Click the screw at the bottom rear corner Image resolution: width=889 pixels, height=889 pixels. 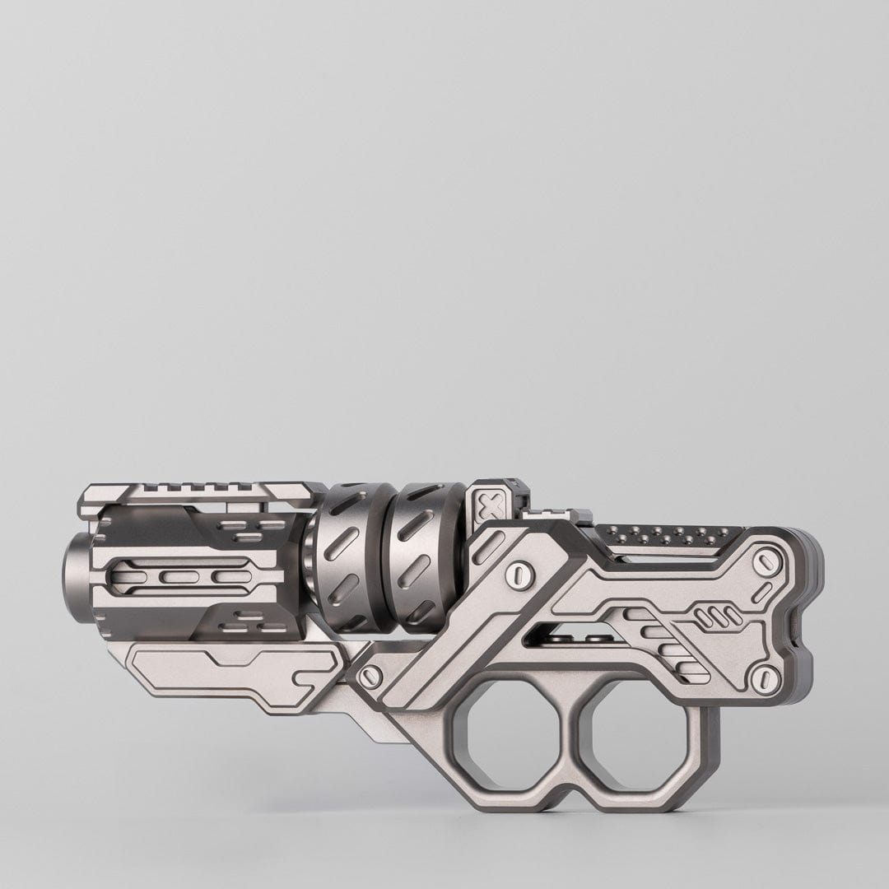point(766,677)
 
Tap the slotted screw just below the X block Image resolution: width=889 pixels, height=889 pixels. point(519,570)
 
